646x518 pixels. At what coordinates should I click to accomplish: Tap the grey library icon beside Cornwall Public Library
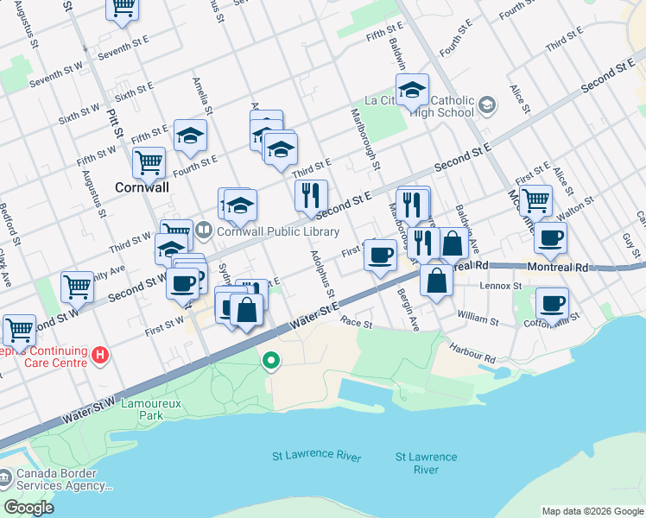204,231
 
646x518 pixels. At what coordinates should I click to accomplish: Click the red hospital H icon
101,354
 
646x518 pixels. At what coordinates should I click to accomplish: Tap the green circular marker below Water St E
272,361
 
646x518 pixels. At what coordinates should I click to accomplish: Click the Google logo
28,508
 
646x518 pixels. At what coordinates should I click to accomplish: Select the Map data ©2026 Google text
592,511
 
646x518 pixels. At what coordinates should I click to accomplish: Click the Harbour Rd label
472,353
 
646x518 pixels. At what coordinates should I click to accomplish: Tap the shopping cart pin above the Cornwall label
149,161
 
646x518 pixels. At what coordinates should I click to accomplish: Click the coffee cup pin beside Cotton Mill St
553,303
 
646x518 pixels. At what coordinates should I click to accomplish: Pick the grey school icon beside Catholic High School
487,105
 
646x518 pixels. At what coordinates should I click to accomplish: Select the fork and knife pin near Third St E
311,196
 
